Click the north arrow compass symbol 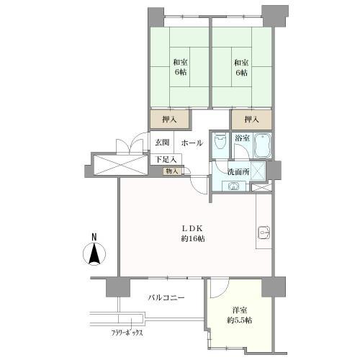tap(94, 254)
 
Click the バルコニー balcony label tap(166, 297)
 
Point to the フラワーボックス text tap(127, 333)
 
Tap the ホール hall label tap(192, 143)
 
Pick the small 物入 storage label tap(171, 171)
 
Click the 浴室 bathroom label tap(241, 138)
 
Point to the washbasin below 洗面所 tap(233, 186)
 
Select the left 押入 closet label tap(169, 118)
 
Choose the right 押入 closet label tap(251, 118)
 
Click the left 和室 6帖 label tap(179, 67)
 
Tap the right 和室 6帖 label tap(240, 67)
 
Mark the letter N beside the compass tap(94, 236)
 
